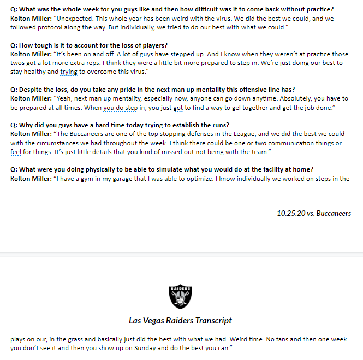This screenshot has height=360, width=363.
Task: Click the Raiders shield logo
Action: click(181, 296)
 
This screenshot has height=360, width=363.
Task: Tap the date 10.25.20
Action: click(290, 213)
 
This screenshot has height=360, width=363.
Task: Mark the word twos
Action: click(19, 63)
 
